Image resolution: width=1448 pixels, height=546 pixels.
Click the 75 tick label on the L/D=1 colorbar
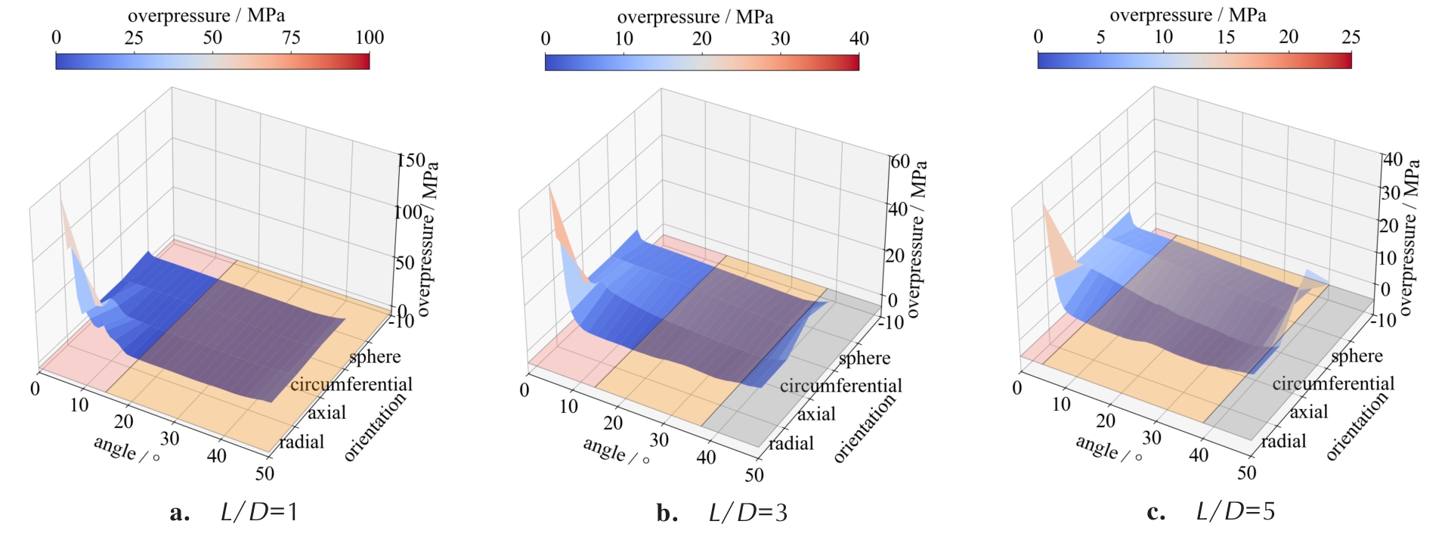click(x=291, y=38)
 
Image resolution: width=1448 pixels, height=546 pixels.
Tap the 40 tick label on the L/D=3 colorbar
click(x=859, y=39)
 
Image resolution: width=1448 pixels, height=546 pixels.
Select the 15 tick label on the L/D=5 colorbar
click(x=1225, y=37)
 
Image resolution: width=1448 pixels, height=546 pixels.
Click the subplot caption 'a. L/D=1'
click(x=234, y=513)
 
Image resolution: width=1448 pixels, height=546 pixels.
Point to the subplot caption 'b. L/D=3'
click(x=722, y=513)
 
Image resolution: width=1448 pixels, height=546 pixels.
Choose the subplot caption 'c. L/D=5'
click(x=1211, y=512)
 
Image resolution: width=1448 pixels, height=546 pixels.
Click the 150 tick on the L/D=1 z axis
click(x=412, y=160)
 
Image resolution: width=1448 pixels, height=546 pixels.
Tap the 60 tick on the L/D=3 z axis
click(x=900, y=162)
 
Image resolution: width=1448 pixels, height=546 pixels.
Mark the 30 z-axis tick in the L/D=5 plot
click(x=1391, y=193)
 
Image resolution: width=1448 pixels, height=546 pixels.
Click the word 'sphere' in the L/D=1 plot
click(x=375, y=357)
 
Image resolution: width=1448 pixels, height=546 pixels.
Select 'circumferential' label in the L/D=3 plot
click(x=841, y=386)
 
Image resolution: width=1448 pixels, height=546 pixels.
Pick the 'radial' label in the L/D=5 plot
click(x=1283, y=441)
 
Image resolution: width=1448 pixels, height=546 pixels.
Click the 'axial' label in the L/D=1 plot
click(x=326, y=413)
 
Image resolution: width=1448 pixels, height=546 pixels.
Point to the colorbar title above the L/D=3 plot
click(x=695, y=17)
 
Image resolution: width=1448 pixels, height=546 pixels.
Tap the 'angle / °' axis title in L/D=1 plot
click(x=125, y=449)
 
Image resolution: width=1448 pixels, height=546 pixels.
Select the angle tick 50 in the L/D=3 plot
click(x=753, y=475)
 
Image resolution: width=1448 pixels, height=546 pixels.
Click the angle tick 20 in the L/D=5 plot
click(x=1106, y=421)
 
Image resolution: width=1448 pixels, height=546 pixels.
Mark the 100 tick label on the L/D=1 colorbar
click(x=370, y=38)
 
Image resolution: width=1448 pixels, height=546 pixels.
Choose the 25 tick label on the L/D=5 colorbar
click(x=1351, y=37)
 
